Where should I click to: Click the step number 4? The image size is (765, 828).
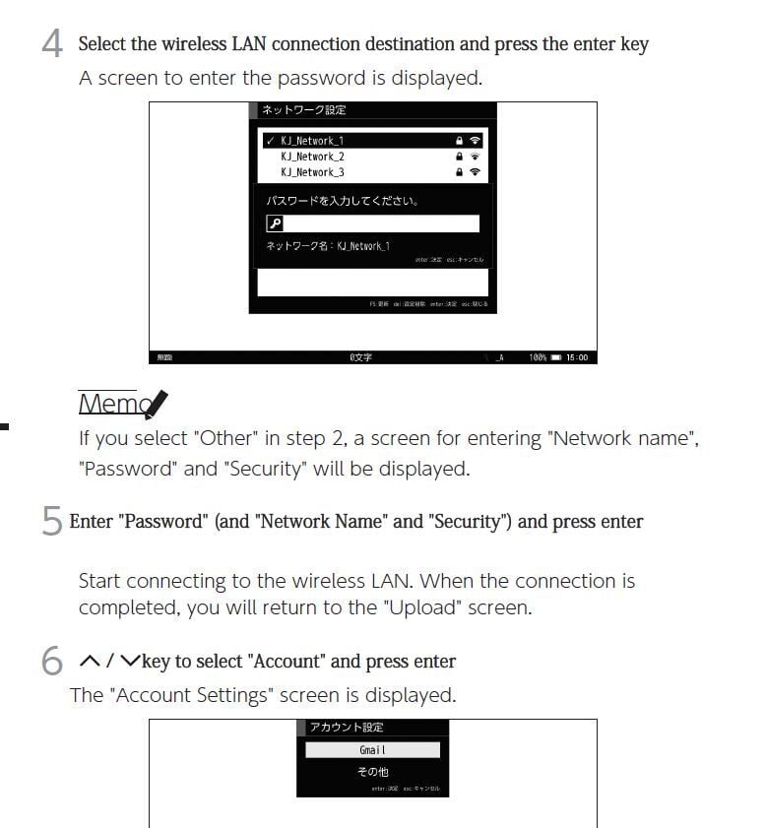click(52, 45)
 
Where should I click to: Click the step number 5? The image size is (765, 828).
click(52, 522)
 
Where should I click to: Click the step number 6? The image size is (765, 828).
click(52, 662)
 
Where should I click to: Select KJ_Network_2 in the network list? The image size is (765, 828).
click(312, 157)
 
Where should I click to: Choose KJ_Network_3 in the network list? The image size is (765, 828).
click(312, 172)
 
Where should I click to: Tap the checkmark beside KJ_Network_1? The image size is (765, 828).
click(270, 141)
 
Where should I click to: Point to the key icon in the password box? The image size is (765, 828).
click(275, 223)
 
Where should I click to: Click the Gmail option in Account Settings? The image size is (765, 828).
click(372, 750)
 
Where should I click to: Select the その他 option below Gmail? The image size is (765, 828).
click(372, 772)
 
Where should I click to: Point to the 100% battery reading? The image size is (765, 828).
click(538, 357)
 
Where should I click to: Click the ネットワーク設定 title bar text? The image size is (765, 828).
click(303, 110)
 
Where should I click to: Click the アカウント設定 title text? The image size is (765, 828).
click(346, 728)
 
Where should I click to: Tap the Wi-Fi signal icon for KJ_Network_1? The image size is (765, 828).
click(476, 141)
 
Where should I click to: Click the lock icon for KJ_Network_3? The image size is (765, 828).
click(459, 172)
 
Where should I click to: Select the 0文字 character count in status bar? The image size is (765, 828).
click(360, 357)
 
